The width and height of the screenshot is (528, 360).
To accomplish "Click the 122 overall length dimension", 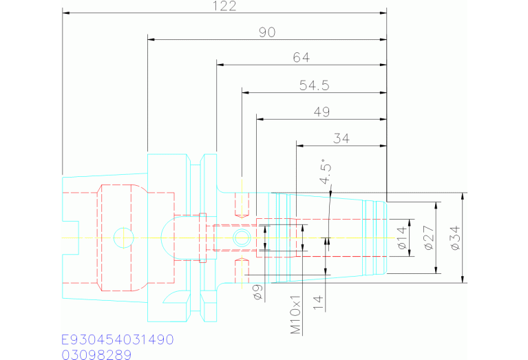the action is pyautogui.click(x=224, y=6).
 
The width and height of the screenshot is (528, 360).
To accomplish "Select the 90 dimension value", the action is pyautogui.click(x=267, y=32).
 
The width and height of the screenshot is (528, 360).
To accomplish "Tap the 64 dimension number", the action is pyautogui.click(x=301, y=58).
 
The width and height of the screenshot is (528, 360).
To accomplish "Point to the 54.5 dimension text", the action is pyautogui.click(x=314, y=85).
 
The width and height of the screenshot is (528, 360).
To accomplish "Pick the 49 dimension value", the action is pyautogui.click(x=321, y=112).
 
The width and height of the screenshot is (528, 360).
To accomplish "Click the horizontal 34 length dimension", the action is pyautogui.click(x=341, y=138).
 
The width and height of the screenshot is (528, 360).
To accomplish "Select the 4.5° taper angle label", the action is pyautogui.click(x=326, y=172).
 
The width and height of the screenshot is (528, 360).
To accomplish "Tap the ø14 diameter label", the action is pyautogui.click(x=402, y=237).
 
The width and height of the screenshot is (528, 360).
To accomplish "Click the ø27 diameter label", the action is pyautogui.click(x=429, y=237).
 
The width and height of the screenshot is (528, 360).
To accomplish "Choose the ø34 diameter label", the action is pyautogui.click(x=455, y=237).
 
